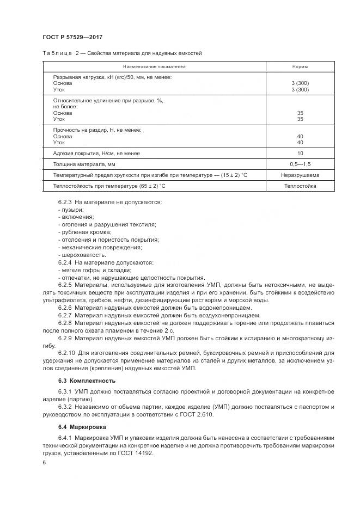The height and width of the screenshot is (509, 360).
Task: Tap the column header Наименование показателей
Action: [x=155, y=66]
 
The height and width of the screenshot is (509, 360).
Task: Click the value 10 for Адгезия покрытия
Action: [x=300, y=153]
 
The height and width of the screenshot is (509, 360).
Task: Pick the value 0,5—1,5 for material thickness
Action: [x=300, y=164]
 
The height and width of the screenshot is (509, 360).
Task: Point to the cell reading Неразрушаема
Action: [x=300, y=175]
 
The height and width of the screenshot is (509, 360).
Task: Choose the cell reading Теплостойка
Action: [x=300, y=186]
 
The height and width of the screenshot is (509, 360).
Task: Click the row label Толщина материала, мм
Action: [x=84, y=164]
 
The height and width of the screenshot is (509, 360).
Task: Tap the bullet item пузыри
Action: [x=71, y=209]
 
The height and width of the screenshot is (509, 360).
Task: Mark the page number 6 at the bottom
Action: [x=44, y=462]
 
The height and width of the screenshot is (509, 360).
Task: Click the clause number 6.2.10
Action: [x=66, y=353]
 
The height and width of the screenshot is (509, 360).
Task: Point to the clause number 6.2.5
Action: [x=65, y=285]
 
